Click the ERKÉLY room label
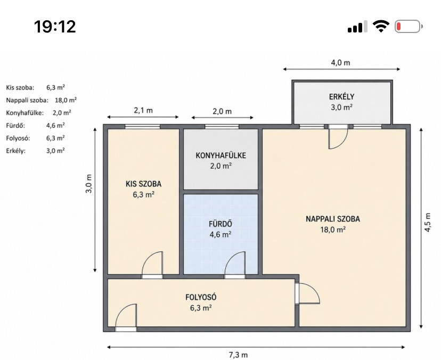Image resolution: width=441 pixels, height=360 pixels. point(341,96)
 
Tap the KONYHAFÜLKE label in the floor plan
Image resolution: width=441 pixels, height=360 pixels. point(221,156)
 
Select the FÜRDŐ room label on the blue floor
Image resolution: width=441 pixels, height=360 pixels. point(220,224)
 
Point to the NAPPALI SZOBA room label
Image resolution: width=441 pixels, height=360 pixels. point(333,219)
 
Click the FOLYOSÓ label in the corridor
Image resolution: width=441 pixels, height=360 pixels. point(201,297)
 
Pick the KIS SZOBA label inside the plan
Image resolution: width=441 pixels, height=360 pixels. point(143,184)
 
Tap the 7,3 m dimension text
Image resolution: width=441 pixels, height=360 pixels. point(238,355)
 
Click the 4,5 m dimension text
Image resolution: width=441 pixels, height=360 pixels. point(428,222)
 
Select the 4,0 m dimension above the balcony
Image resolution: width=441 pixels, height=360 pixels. point(340,62)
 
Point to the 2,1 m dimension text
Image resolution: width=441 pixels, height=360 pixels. point(143,110)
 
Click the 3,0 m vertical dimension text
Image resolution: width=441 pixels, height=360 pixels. point(89,184)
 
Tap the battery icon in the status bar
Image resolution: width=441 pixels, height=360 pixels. point(409,27)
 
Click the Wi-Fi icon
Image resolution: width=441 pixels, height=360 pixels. point(381,27)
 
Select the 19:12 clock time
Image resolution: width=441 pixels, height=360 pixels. point(55,27)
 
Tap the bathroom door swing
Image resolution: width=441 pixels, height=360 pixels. point(234,264)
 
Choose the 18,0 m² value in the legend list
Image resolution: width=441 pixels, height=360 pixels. point(66,100)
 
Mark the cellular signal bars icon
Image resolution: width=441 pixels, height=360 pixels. point(357,27)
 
